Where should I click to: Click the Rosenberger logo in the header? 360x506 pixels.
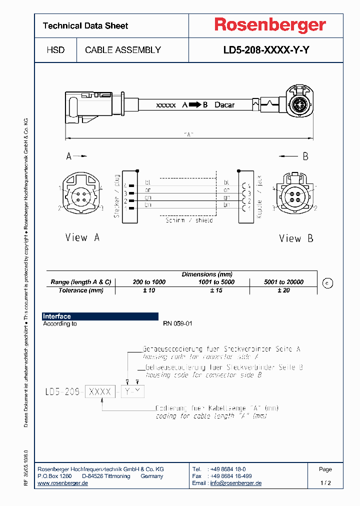(270, 25)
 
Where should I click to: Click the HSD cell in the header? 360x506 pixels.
(55, 50)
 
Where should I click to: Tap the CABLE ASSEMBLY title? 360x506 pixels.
(123, 50)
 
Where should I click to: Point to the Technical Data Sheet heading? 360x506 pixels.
(85, 25)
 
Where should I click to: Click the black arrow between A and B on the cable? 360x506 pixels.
(195, 105)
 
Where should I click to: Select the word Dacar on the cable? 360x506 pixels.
(224, 105)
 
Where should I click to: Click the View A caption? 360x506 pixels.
(82, 237)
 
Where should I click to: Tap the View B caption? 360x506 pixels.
(296, 238)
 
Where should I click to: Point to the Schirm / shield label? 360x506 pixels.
(189, 220)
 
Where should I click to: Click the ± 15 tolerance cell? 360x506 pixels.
(216, 290)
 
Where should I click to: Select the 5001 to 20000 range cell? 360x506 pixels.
(283, 282)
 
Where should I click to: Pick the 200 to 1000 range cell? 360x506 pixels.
(149, 282)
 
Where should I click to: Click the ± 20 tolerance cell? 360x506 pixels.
(283, 290)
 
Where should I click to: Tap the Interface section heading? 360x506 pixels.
(57, 316)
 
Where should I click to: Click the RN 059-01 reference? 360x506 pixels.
(177, 323)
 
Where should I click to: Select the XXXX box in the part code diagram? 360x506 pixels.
(100, 391)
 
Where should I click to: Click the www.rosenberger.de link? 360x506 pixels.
(63, 483)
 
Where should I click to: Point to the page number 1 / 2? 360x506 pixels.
(325, 483)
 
